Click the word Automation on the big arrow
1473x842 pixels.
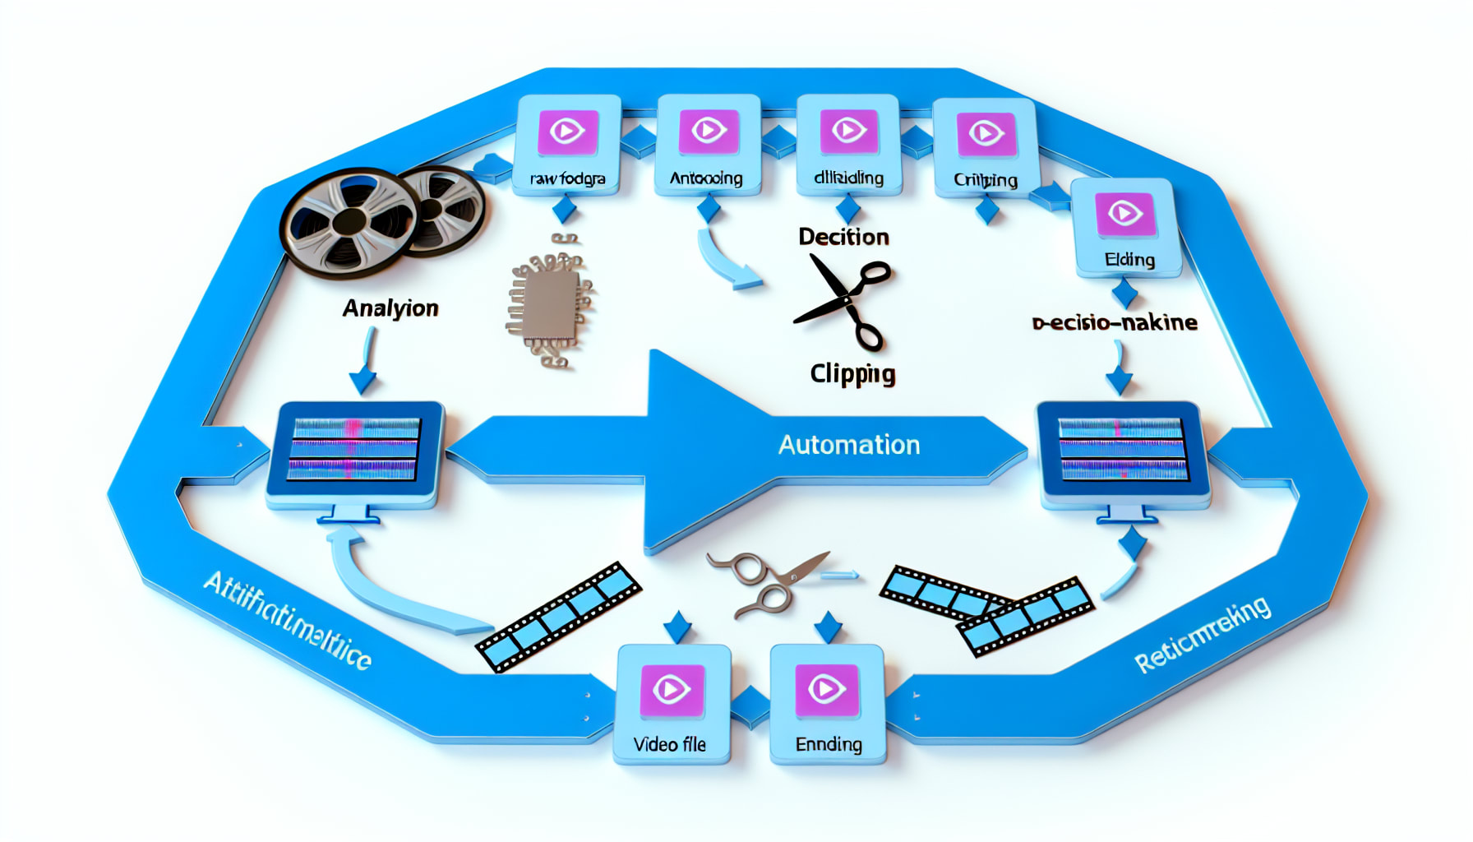848,445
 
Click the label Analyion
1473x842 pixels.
390,308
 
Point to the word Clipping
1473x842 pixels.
852,374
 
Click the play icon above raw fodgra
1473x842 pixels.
566,132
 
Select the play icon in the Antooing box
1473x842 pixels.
708,131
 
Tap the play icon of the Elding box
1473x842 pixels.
1124,214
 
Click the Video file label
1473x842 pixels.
669,745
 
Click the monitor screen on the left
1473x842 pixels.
353,449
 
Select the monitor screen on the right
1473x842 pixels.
1122,449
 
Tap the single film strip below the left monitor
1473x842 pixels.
559,617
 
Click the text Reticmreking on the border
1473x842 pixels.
1202,636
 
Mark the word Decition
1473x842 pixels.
843,237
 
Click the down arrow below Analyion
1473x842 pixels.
364,362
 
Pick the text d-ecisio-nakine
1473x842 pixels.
1115,322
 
